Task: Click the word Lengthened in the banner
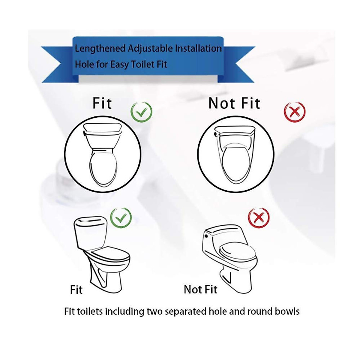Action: point(100,49)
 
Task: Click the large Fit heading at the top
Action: point(102,103)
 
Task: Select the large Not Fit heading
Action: point(234,103)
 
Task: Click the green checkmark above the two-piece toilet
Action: point(121,218)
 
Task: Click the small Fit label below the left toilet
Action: point(76,290)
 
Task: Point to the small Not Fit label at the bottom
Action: point(200,289)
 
